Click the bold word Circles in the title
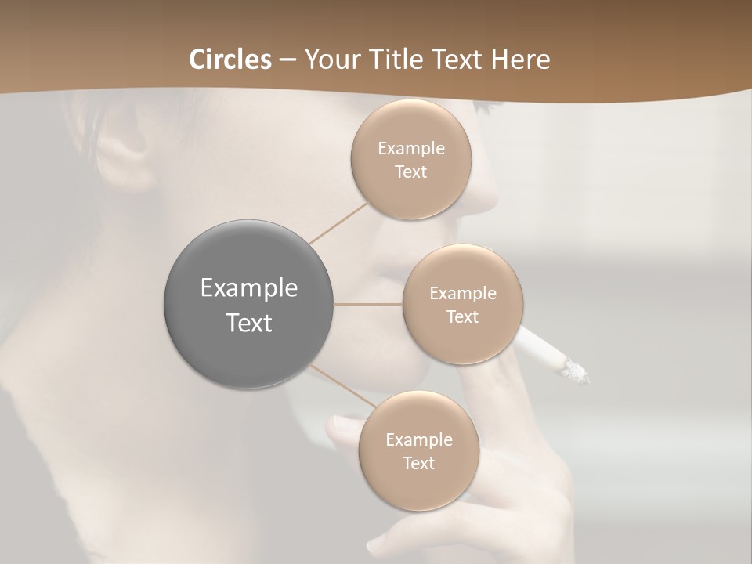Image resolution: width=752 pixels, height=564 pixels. (x=230, y=60)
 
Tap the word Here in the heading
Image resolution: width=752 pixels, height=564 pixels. (x=522, y=60)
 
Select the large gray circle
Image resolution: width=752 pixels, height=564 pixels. (x=249, y=305)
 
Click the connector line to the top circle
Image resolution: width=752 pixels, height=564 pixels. (x=338, y=222)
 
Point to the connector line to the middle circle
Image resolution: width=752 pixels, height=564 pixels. (x=368, y=304)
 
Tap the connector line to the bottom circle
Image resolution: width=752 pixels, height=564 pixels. (x=342, y=385)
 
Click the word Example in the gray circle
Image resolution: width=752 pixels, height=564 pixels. (x=249, y=288)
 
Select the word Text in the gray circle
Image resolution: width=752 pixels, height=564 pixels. (x=249, y=323)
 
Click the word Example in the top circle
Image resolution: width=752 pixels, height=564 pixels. (x=411, y=149)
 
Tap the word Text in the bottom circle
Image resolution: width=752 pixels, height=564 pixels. (x=418, y=464)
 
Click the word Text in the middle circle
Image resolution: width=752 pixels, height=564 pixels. (x=462, y=316)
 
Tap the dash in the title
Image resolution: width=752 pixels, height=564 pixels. (x=287, y=60)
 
